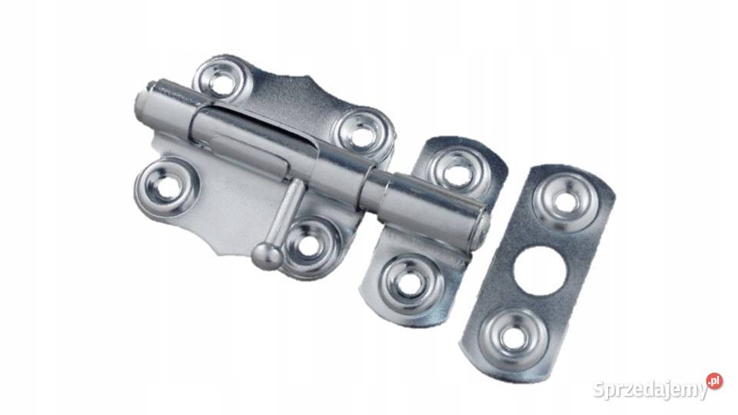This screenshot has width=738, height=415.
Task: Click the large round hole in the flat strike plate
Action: (540, 271)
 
